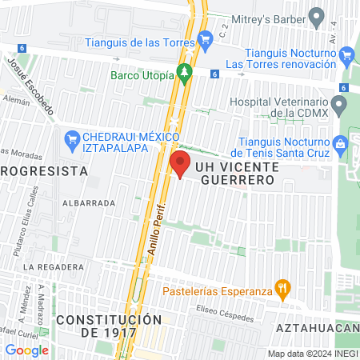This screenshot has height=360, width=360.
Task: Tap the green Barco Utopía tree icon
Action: (185, 74)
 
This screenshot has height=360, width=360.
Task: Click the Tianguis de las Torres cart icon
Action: (206, 37)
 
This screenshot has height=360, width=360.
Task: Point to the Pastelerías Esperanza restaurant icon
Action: (281, 288)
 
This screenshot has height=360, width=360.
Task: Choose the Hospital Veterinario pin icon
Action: (339, 104)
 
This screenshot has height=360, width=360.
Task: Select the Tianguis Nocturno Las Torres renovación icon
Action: (346, 55)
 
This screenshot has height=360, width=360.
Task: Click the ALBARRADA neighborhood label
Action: (88, 203)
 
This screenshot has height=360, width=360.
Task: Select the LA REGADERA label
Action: (54, 266)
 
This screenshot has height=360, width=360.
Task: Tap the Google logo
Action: (26, 350)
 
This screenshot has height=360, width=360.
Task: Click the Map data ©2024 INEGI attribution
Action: (312, 354)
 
